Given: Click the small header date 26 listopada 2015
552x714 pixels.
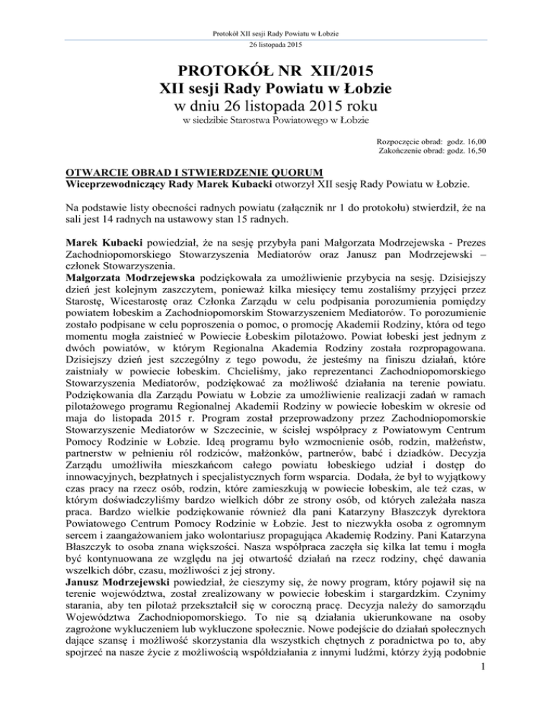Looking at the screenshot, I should pos(275,45).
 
